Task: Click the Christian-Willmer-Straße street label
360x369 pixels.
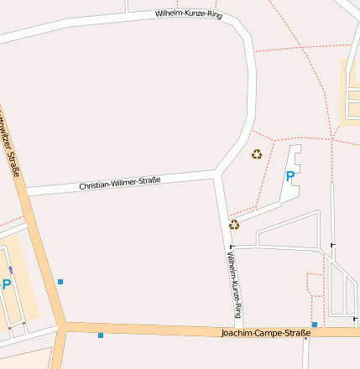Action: (119, 182)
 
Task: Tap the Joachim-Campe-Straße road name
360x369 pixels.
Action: (265, 333)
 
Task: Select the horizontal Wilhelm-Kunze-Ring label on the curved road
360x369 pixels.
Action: (189, 14)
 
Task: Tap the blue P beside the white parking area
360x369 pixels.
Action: (290, 176)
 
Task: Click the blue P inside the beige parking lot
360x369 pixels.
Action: (7, 284)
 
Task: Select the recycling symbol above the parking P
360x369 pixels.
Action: (257, 153)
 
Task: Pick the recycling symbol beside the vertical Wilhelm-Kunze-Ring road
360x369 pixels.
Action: (234, 224)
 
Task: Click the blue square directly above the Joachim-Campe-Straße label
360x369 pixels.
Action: (314, 324)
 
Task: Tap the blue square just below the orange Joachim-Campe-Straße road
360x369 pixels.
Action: (101, 335)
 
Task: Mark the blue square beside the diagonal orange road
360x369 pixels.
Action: (60, 282)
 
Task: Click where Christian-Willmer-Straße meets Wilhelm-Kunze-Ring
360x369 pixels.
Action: (217, 174)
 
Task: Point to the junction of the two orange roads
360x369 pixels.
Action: (65, 325)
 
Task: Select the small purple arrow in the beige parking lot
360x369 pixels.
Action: (10, 269)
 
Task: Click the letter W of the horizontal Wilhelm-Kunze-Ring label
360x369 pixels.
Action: (158, 13)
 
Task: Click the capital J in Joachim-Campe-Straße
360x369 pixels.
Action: (222, 333)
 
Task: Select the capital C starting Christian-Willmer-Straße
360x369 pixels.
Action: (81, 186)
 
